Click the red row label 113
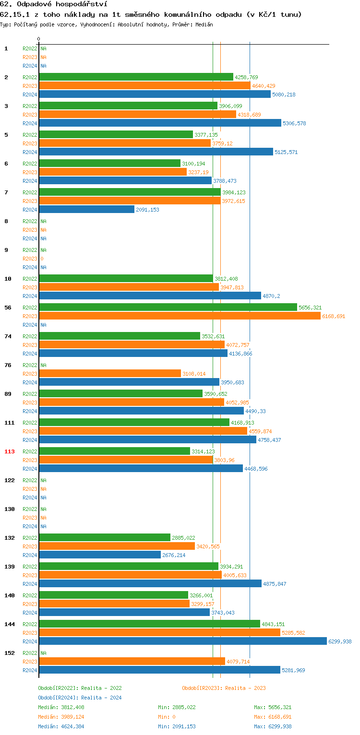10,451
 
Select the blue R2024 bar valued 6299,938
183,641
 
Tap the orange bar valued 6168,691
180,316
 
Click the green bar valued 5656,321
168,307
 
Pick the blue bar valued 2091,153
87,209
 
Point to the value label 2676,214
174,555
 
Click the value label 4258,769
246,77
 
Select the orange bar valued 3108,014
110,373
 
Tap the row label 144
10,624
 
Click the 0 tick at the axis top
39,39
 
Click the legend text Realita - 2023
245,688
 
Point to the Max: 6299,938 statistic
273,726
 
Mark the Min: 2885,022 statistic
177,707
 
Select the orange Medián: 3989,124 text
61,717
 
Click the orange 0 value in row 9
42,259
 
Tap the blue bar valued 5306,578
160,123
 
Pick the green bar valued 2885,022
105,537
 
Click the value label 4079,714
238,662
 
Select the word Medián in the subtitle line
204,24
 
